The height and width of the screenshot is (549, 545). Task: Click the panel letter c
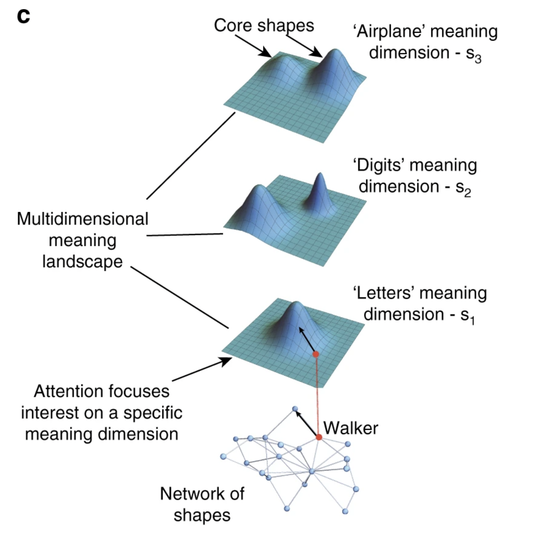pyautogui.click(x=23, y=16)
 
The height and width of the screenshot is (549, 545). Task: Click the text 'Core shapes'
pyautogui.click(x=264, y=25)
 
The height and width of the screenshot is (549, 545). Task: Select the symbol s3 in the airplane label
pyautogui.click(x=474, y=55)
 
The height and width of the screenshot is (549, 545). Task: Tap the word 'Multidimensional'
pyautogui.click(x=83, y=219)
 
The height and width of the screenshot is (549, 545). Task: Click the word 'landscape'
pyautogui.click(x=82, y=261)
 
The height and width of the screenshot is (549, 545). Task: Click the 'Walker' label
pyautogui.click(x=351, y=428)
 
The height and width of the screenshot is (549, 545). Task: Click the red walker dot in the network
pyautogui.click(x=319, y=437)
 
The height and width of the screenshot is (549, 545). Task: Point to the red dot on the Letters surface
pyautogui.click(x=316, y=354)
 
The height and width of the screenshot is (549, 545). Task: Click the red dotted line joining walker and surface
pyautogui.click(x=317, y=395)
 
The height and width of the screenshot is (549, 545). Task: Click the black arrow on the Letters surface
pyautogui.click(x=307, y=340)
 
